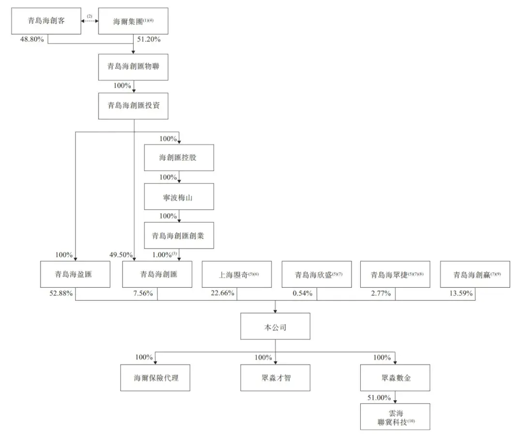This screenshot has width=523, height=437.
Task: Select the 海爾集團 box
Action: click(133, 21)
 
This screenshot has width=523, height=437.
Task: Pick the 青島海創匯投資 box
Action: click(133, 106)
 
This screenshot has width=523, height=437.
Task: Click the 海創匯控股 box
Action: click(179, 157)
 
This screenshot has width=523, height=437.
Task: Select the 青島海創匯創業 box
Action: click(179, 236)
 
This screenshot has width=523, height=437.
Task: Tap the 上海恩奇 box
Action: click(236, 275)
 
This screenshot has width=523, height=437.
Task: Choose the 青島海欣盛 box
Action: click(316, 275)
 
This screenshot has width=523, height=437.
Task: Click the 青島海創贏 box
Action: click(475, 275)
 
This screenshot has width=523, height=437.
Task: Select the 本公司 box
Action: click(275, 328)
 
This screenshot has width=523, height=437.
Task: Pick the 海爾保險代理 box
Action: click(156, 377)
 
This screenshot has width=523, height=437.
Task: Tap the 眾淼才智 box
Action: click(275, 377)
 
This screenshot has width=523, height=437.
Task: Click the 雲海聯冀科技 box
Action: click(395, 417)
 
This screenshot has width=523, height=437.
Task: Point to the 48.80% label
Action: click(32, 39)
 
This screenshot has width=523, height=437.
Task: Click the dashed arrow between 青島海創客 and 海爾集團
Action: click(90, 21)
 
